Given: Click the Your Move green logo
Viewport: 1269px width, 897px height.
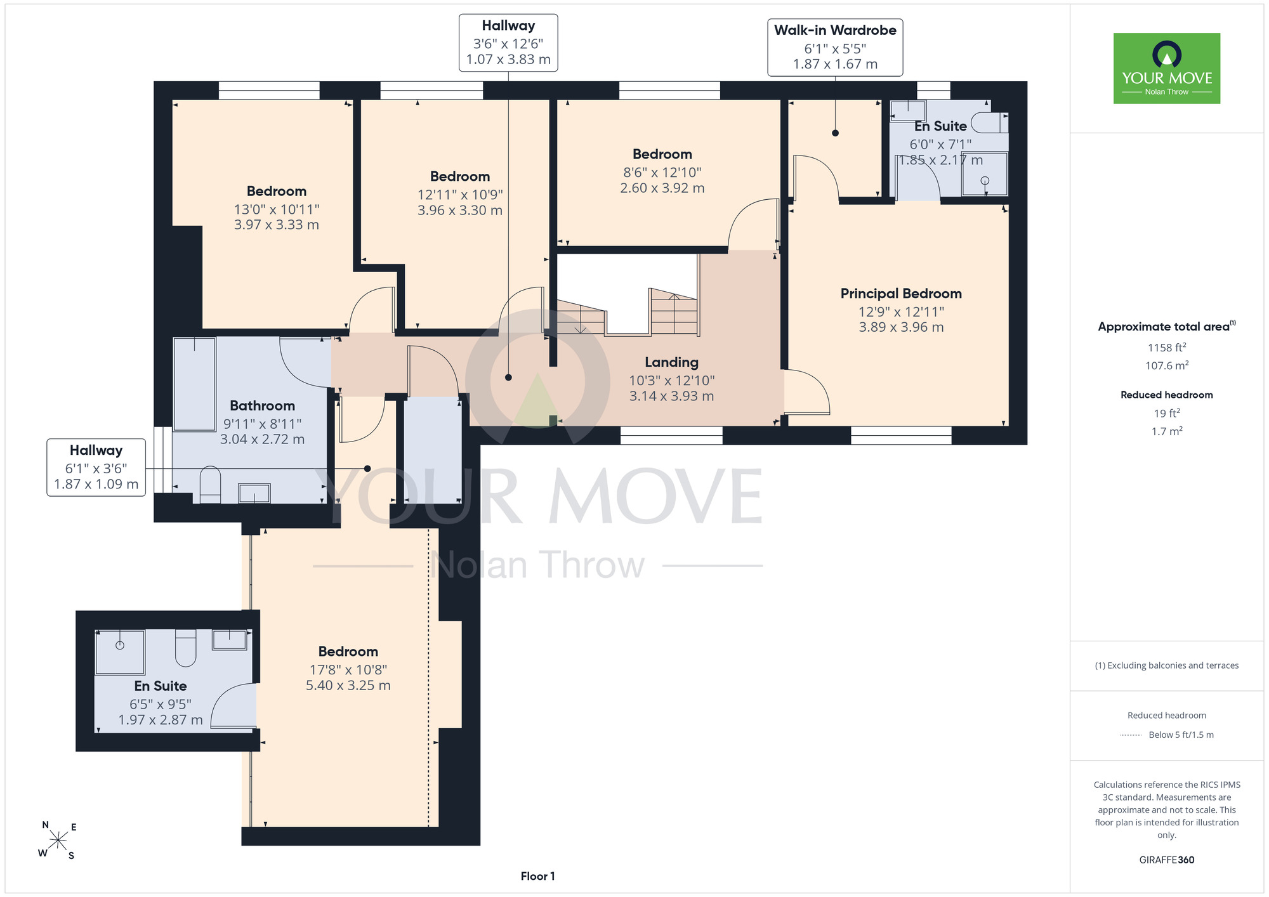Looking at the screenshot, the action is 1167,69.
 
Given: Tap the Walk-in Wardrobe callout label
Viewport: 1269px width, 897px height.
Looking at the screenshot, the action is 835,48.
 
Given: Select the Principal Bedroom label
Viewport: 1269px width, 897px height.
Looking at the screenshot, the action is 901,294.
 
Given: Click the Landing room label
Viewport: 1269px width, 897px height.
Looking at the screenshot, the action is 671,362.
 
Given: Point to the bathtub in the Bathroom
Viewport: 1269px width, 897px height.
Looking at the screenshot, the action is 195,384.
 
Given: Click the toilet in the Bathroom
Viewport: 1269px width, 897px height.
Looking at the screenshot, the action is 210,485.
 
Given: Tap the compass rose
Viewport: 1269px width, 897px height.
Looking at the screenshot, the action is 58,841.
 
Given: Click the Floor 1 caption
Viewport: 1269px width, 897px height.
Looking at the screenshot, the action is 537,876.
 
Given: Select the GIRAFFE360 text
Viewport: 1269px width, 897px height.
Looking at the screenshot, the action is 1167,860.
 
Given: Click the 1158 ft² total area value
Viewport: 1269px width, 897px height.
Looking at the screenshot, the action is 1167,347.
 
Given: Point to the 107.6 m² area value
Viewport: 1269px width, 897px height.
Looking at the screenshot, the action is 1167,365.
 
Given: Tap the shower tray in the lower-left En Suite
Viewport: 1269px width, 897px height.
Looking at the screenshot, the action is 120,652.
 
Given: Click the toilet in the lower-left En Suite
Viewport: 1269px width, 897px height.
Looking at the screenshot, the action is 185,648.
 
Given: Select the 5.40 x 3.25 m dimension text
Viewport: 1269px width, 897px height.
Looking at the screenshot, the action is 348,685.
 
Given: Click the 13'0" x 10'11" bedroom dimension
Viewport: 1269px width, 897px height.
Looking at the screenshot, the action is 277,209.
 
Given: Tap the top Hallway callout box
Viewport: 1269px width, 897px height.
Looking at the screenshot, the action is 508,43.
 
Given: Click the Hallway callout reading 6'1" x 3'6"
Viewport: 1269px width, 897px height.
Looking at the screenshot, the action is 96,468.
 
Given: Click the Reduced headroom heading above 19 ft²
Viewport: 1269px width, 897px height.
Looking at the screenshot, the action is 1167,395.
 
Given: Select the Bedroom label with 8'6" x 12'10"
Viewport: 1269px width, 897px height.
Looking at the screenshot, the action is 662,154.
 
